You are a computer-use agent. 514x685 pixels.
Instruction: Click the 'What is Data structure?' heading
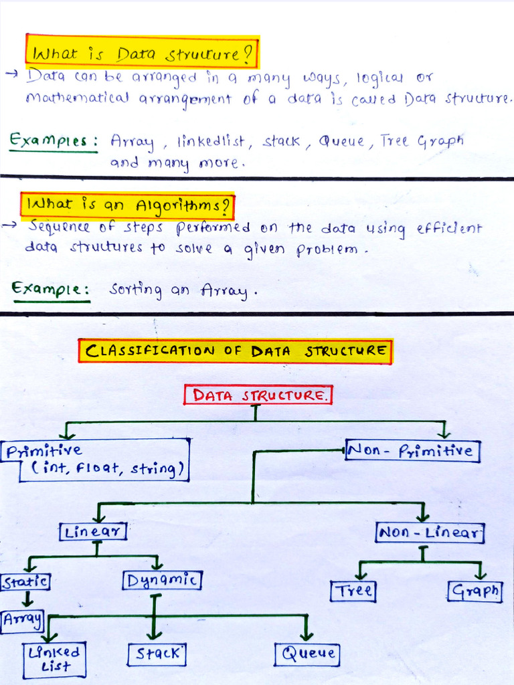141,52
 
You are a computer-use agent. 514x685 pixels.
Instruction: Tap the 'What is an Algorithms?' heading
128,206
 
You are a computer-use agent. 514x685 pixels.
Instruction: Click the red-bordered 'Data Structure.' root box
258,395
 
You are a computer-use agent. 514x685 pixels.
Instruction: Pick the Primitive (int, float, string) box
96,460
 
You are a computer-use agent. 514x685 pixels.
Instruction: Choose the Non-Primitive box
412,451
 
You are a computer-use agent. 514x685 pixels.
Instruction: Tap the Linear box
93,532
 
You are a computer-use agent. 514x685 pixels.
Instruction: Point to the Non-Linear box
429,533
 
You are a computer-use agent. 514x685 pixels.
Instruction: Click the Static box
25,581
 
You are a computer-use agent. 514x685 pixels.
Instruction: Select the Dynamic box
162,580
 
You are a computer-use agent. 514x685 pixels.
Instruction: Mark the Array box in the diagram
22,620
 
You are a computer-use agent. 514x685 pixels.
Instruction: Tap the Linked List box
54,660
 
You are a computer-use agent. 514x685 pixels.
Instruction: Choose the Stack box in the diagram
157,654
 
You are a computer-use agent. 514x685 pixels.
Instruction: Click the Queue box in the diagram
307,654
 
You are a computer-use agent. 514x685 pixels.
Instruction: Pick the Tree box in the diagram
353,591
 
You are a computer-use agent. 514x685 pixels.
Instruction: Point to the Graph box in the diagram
475,591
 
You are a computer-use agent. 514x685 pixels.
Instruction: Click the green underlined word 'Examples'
53,141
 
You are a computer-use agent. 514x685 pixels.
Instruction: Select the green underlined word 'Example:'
51,289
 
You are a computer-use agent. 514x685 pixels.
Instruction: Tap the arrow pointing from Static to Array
27,598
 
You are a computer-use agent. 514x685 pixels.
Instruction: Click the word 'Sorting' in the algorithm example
136,290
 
